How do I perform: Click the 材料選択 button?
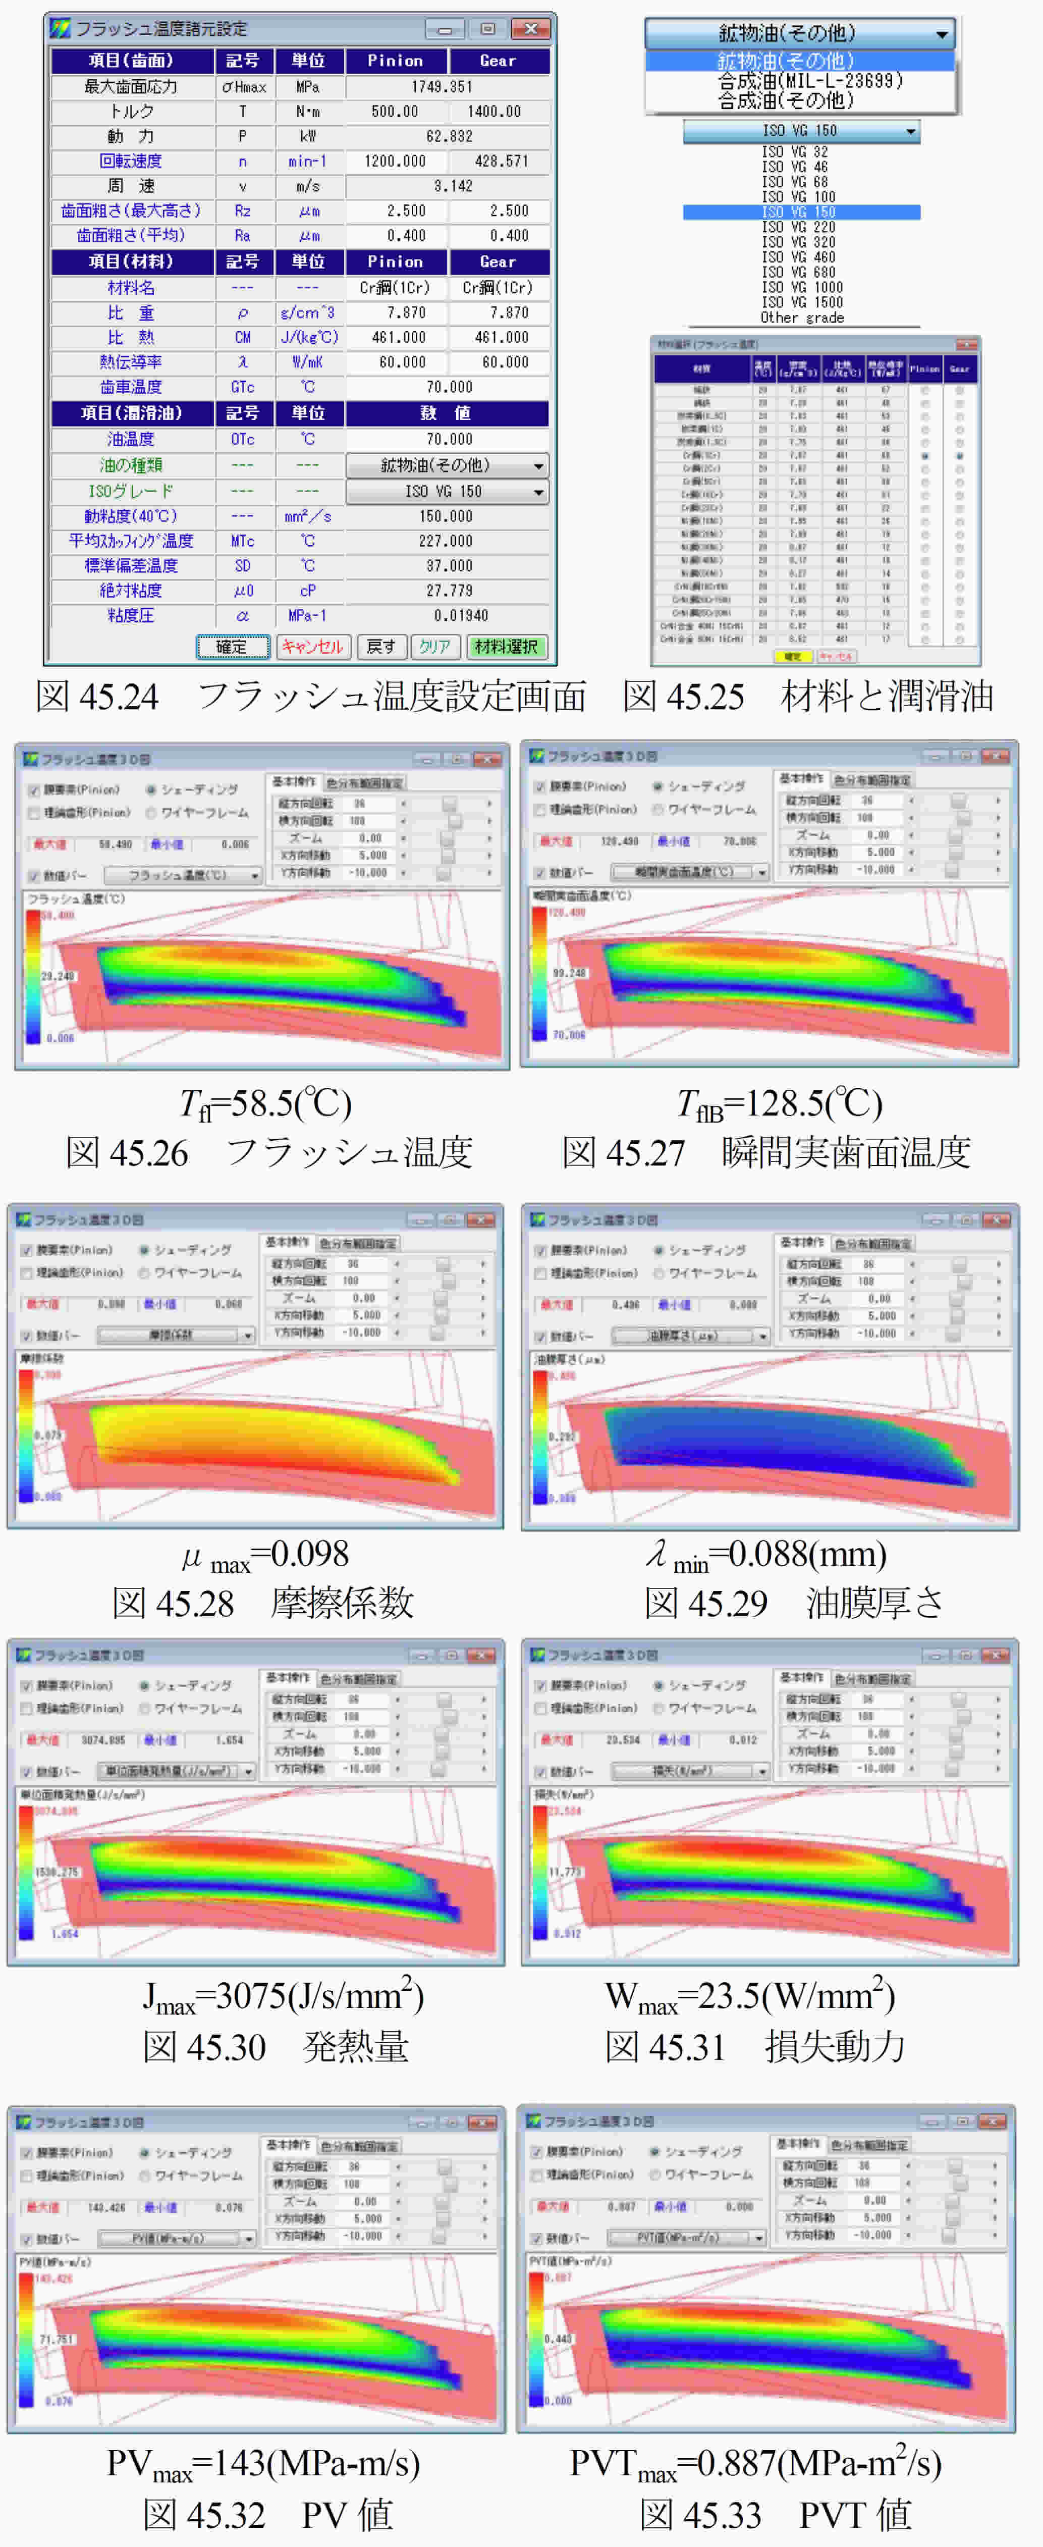tap(505, 647)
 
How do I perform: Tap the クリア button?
tap(434, 647)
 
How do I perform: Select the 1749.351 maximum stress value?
tap(449, 87)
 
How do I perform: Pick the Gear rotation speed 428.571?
tap(500, 161)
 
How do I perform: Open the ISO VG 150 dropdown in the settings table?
tap(447, 492)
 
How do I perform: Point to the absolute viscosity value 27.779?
tap(449, 590)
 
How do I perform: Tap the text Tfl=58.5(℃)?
tap(265, 1103)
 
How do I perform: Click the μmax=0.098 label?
tap(265, 1555)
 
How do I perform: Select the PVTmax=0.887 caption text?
tap(755, 2463)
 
